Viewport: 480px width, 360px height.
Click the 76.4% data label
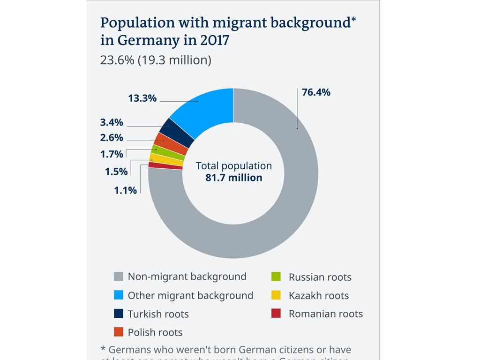tap(316, 92)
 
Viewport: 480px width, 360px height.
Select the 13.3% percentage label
tap(142, 98)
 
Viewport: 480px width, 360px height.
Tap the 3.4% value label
tap(112, 122)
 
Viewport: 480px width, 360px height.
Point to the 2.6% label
tap(112, 138)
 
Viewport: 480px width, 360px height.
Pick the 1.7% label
tap(112, 154)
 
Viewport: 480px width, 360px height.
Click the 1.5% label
tap(116, 172)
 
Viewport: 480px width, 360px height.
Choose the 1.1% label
tap(126, 190)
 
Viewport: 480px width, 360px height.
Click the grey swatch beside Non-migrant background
tap(119, 277)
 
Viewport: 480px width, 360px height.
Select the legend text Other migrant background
tap(190, 295)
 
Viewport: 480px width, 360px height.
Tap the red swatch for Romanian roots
tap(276, 314)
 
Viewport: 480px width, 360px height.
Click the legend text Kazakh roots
tap(319, 295)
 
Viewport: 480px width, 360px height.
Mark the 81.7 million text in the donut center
tap(233, 178)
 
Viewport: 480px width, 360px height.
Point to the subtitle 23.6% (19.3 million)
tap(156, 60)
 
